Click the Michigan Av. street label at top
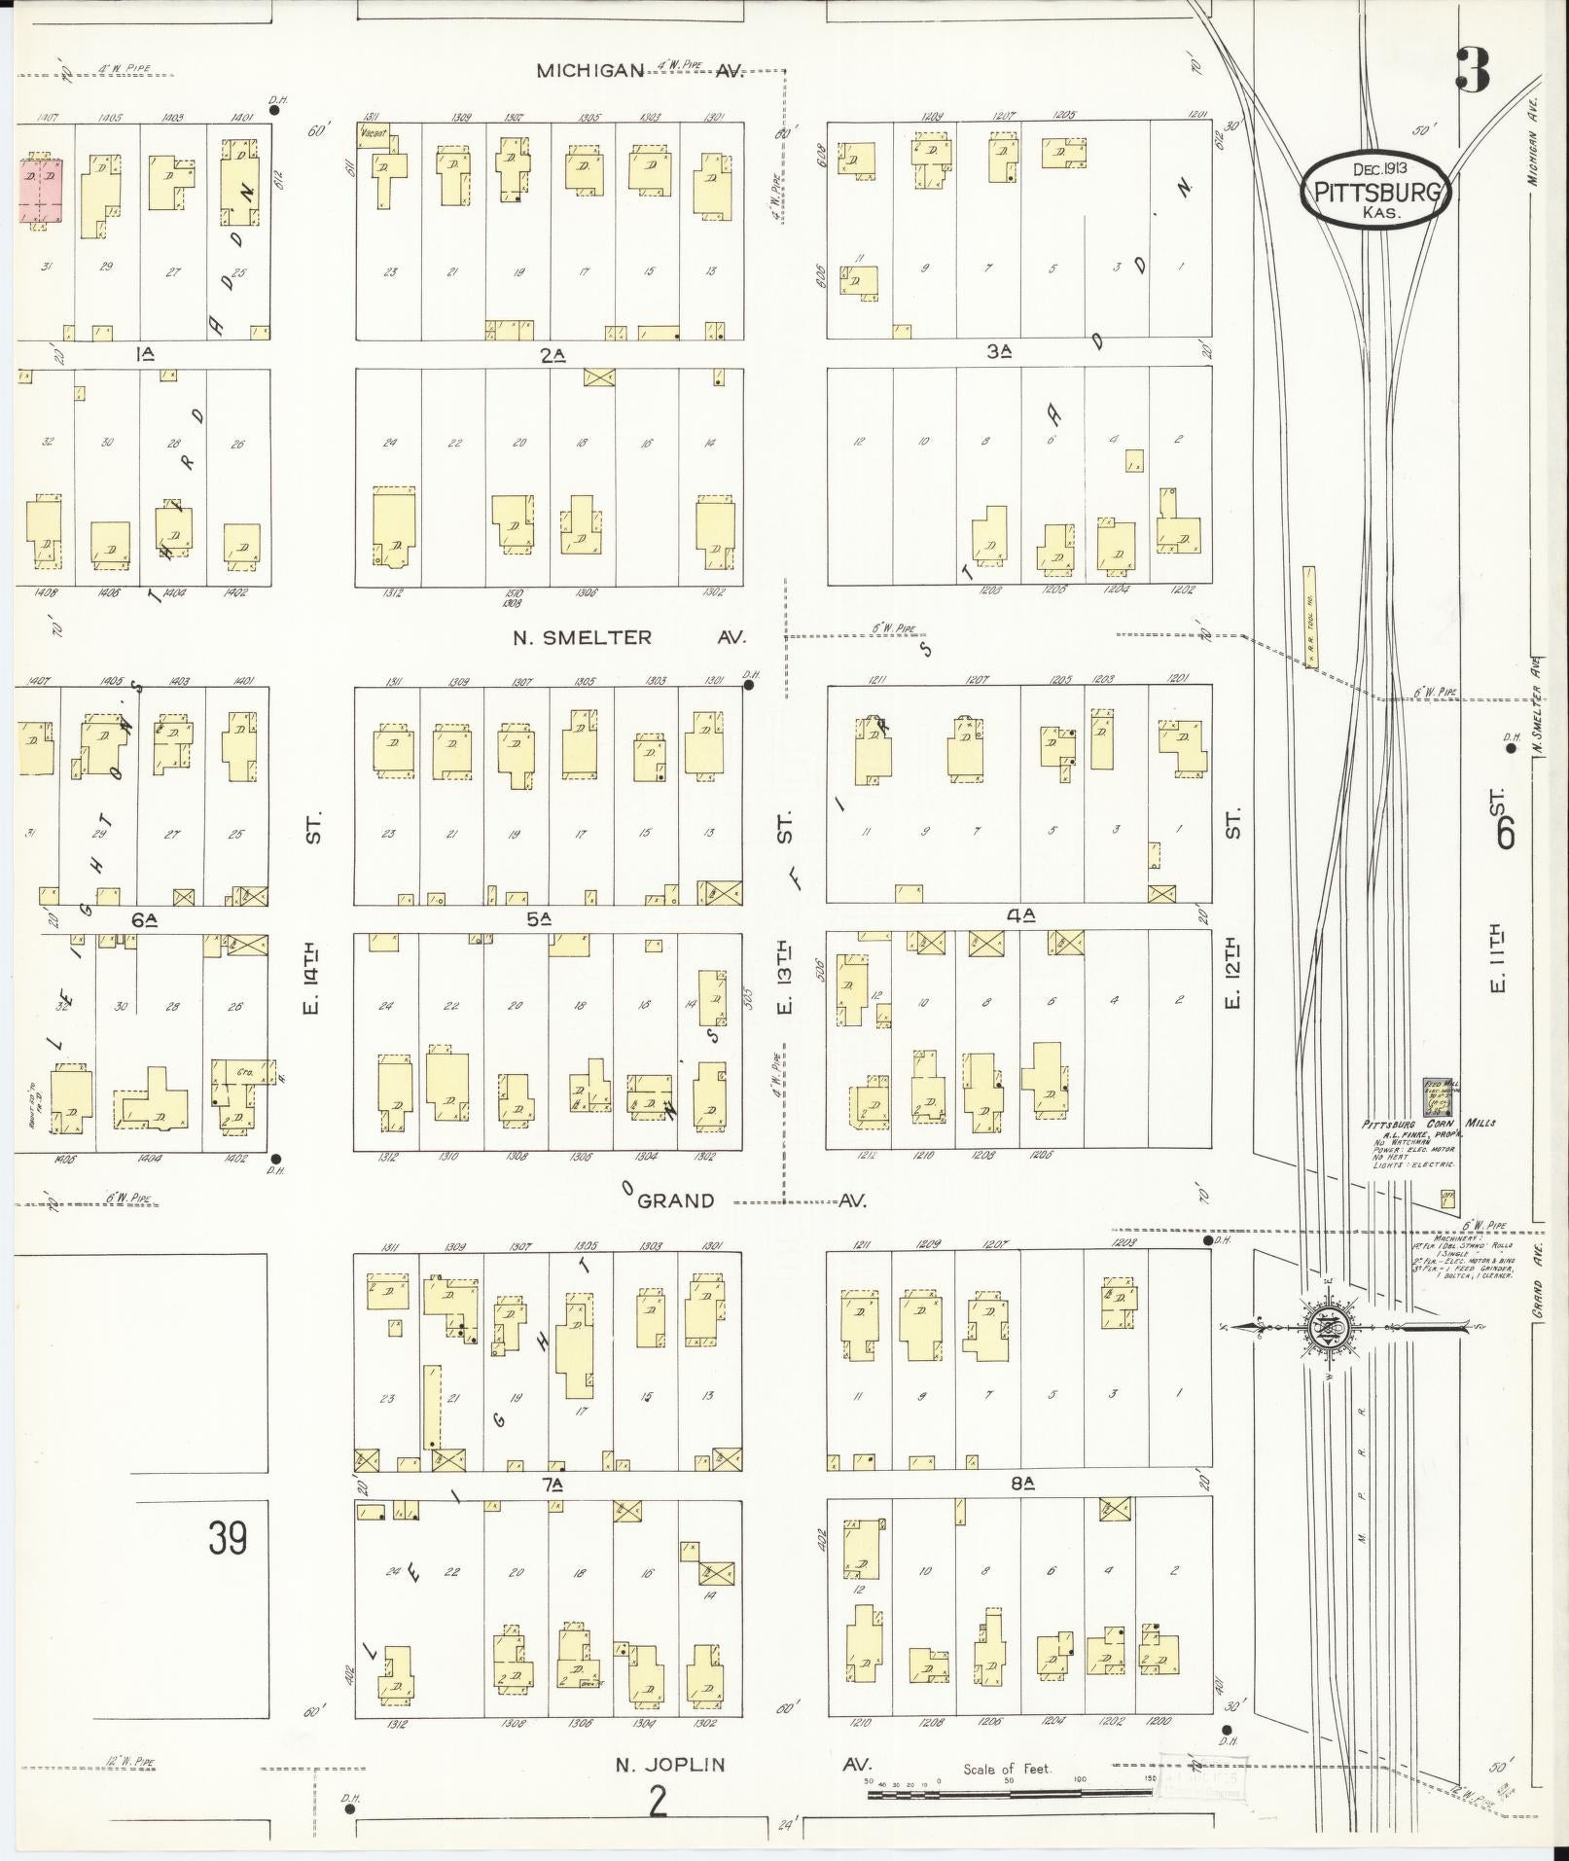[641, 70]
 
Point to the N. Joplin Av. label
[744, 1764]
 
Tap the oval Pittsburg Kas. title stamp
[1376, 191]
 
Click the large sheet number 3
[1475, 69]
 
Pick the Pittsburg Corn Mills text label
[1428, 1124]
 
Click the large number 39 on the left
[227, 1538]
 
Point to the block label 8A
[1020, 1511]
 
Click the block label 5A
[539, 918]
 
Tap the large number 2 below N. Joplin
[659, 1801]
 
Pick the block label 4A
[1020, 915]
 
